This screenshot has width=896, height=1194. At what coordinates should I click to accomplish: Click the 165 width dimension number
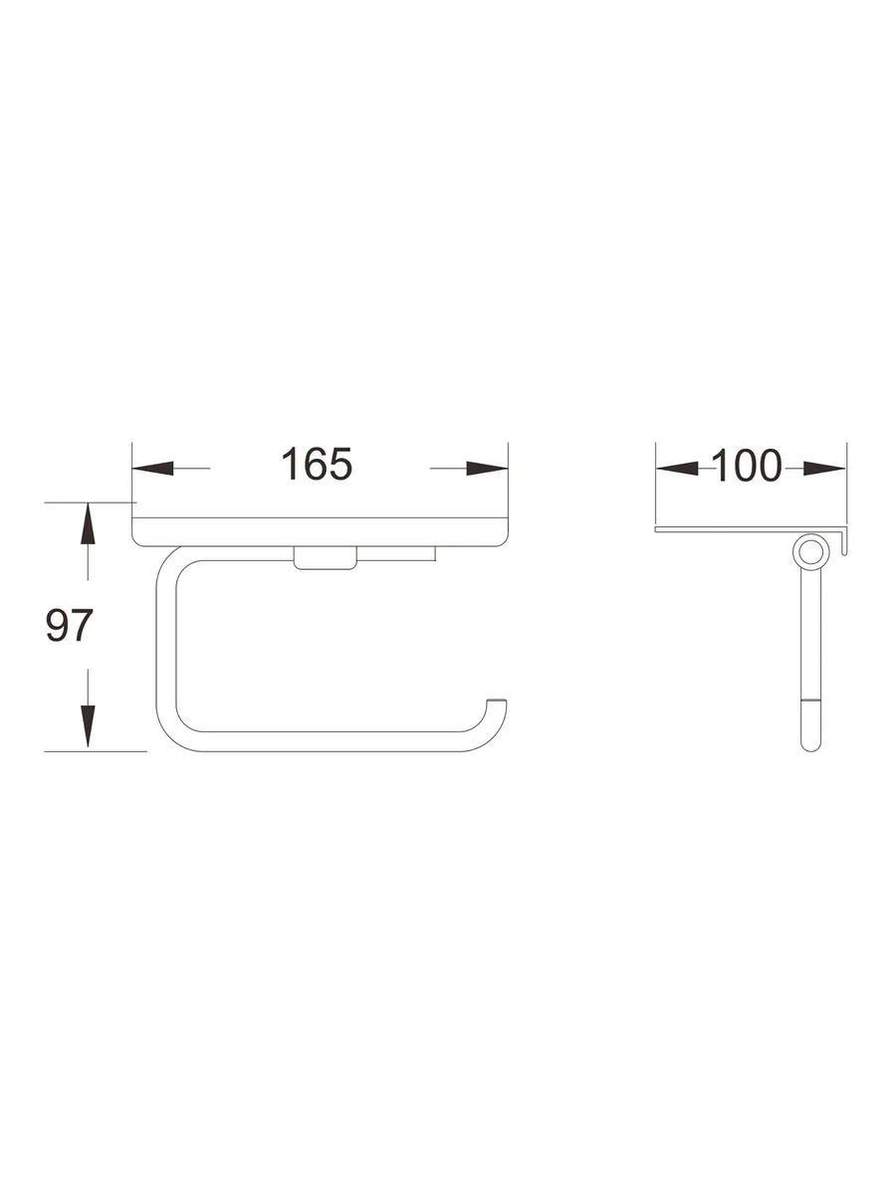click(x=317, y=464)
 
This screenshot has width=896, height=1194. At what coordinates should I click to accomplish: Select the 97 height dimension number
click(x=69, y=625)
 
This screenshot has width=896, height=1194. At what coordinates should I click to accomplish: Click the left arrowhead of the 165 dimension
click(x=153, y=468)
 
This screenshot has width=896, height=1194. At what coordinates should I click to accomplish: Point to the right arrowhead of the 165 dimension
click(x=487, y=468)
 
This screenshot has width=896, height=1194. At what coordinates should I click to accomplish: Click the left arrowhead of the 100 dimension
click(x=677, y=468)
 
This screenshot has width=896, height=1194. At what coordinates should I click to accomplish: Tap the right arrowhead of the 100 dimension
click(x=824, y=468)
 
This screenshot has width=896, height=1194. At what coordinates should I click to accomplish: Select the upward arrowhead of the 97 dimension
click(x=88, y=523)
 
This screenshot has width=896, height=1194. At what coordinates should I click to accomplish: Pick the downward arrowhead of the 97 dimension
click(x=88, y=726)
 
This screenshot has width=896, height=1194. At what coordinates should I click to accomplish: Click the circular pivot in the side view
click(x=810, y=550)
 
